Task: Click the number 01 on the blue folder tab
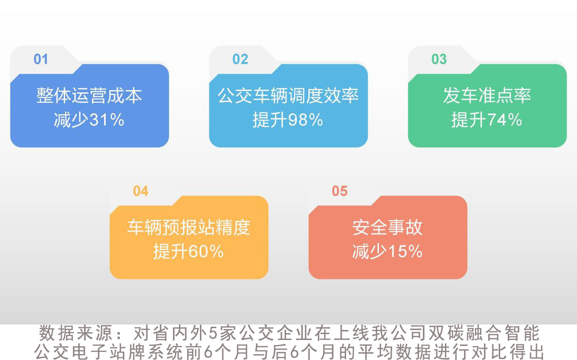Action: (41, 59)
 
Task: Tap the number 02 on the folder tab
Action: (240, 59)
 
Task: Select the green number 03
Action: (439, 59)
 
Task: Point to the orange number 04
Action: (141, 191)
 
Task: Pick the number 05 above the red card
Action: (339, 191)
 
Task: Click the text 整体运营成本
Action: (89, 96)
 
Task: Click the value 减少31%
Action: (89, 120)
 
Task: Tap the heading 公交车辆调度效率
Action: (288, 96)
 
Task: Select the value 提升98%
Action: (288, 120)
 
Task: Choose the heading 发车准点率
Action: (487, 96)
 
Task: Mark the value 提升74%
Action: (487, 120)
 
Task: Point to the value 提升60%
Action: (189, 252)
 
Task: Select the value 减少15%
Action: (388, 252)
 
